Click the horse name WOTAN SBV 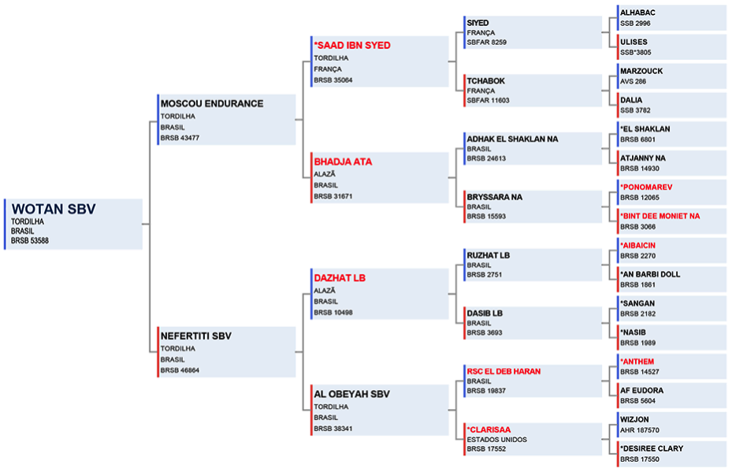(x=54, y=209)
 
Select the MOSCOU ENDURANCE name (x=212, y=104)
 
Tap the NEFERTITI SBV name (x=196, y=336)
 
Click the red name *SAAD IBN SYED (x=352, y=45)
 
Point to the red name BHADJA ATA (x=343, y=162)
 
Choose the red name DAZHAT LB (x=340, y=278)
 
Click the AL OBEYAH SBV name (x=351, y=394)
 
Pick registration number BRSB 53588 (x=30, y=240)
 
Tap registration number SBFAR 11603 (x=489, y=100)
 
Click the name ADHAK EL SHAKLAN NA (x=513, y=139)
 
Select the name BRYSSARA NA (x=494, y=197)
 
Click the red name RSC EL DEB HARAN (x=503, y=371)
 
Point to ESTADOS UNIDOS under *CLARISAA (x=496, y=440)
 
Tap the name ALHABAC (x=637, y=13)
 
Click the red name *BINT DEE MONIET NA (x=660, y=216)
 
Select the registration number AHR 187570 (x=640, y=430)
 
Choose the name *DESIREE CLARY (x=652, y=448)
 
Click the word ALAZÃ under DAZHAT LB (x=325, y=291)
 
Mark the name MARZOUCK (x=641, y=71)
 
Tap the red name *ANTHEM (x=637, y=362)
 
